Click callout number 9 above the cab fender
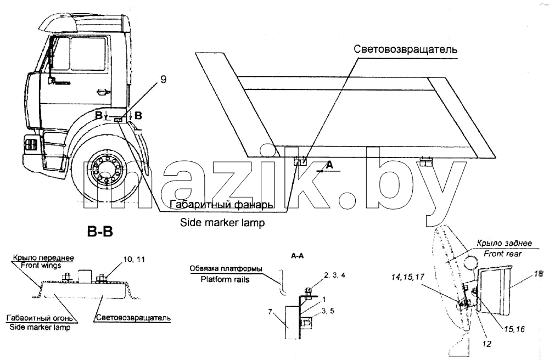[x=163, y=80]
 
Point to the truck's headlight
[x=30, y=144]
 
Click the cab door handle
[x=102, y=92]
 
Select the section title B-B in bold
[x=99, y=231]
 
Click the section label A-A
[x=297, y=256]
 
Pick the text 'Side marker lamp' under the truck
[x=222, y=222]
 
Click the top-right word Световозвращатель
[x=405, y=49]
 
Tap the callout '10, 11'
[x=134, y=260]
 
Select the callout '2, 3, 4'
[x=334, y=275]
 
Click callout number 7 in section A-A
[x=270, y=311]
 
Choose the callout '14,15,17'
[x=408, y=277]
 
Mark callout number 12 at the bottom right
[x=486, y=344]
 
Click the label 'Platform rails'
[x=225, y=279]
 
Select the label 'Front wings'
[x=41, y=265]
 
